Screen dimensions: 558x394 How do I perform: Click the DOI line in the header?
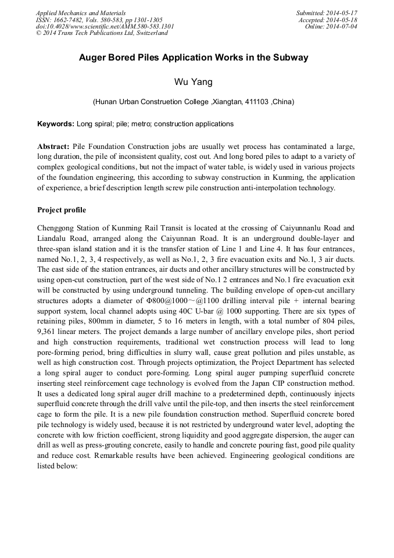tap(105, 27)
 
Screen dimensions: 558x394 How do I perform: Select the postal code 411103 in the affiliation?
tap(256, 102)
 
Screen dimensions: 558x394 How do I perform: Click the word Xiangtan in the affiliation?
tap(227, 102)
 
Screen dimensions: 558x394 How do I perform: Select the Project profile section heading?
tap(62, 209)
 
